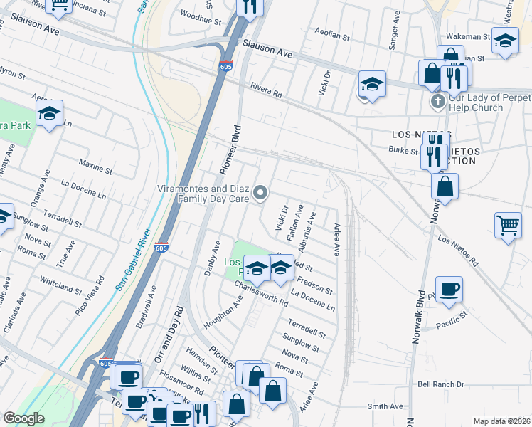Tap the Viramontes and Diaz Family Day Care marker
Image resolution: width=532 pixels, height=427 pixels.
click(x=261, y=192)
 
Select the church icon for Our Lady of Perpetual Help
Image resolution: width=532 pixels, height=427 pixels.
click(x=437, y=102)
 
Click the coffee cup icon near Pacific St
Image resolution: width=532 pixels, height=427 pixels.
click(x=449, y=290)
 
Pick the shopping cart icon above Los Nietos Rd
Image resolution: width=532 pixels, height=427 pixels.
click(x=509, y=226)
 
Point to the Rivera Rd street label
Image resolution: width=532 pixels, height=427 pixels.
click(x=266, y=89)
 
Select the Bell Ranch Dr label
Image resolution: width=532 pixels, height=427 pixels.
click(x=440, y=384)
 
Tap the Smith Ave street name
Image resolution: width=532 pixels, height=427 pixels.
click(x=385, y=406)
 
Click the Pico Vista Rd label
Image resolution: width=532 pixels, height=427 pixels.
click(x=92, y=292)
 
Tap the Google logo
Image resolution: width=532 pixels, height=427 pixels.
click(x=23, y=418)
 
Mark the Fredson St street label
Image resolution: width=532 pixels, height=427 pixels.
click(x=314, y=285)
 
